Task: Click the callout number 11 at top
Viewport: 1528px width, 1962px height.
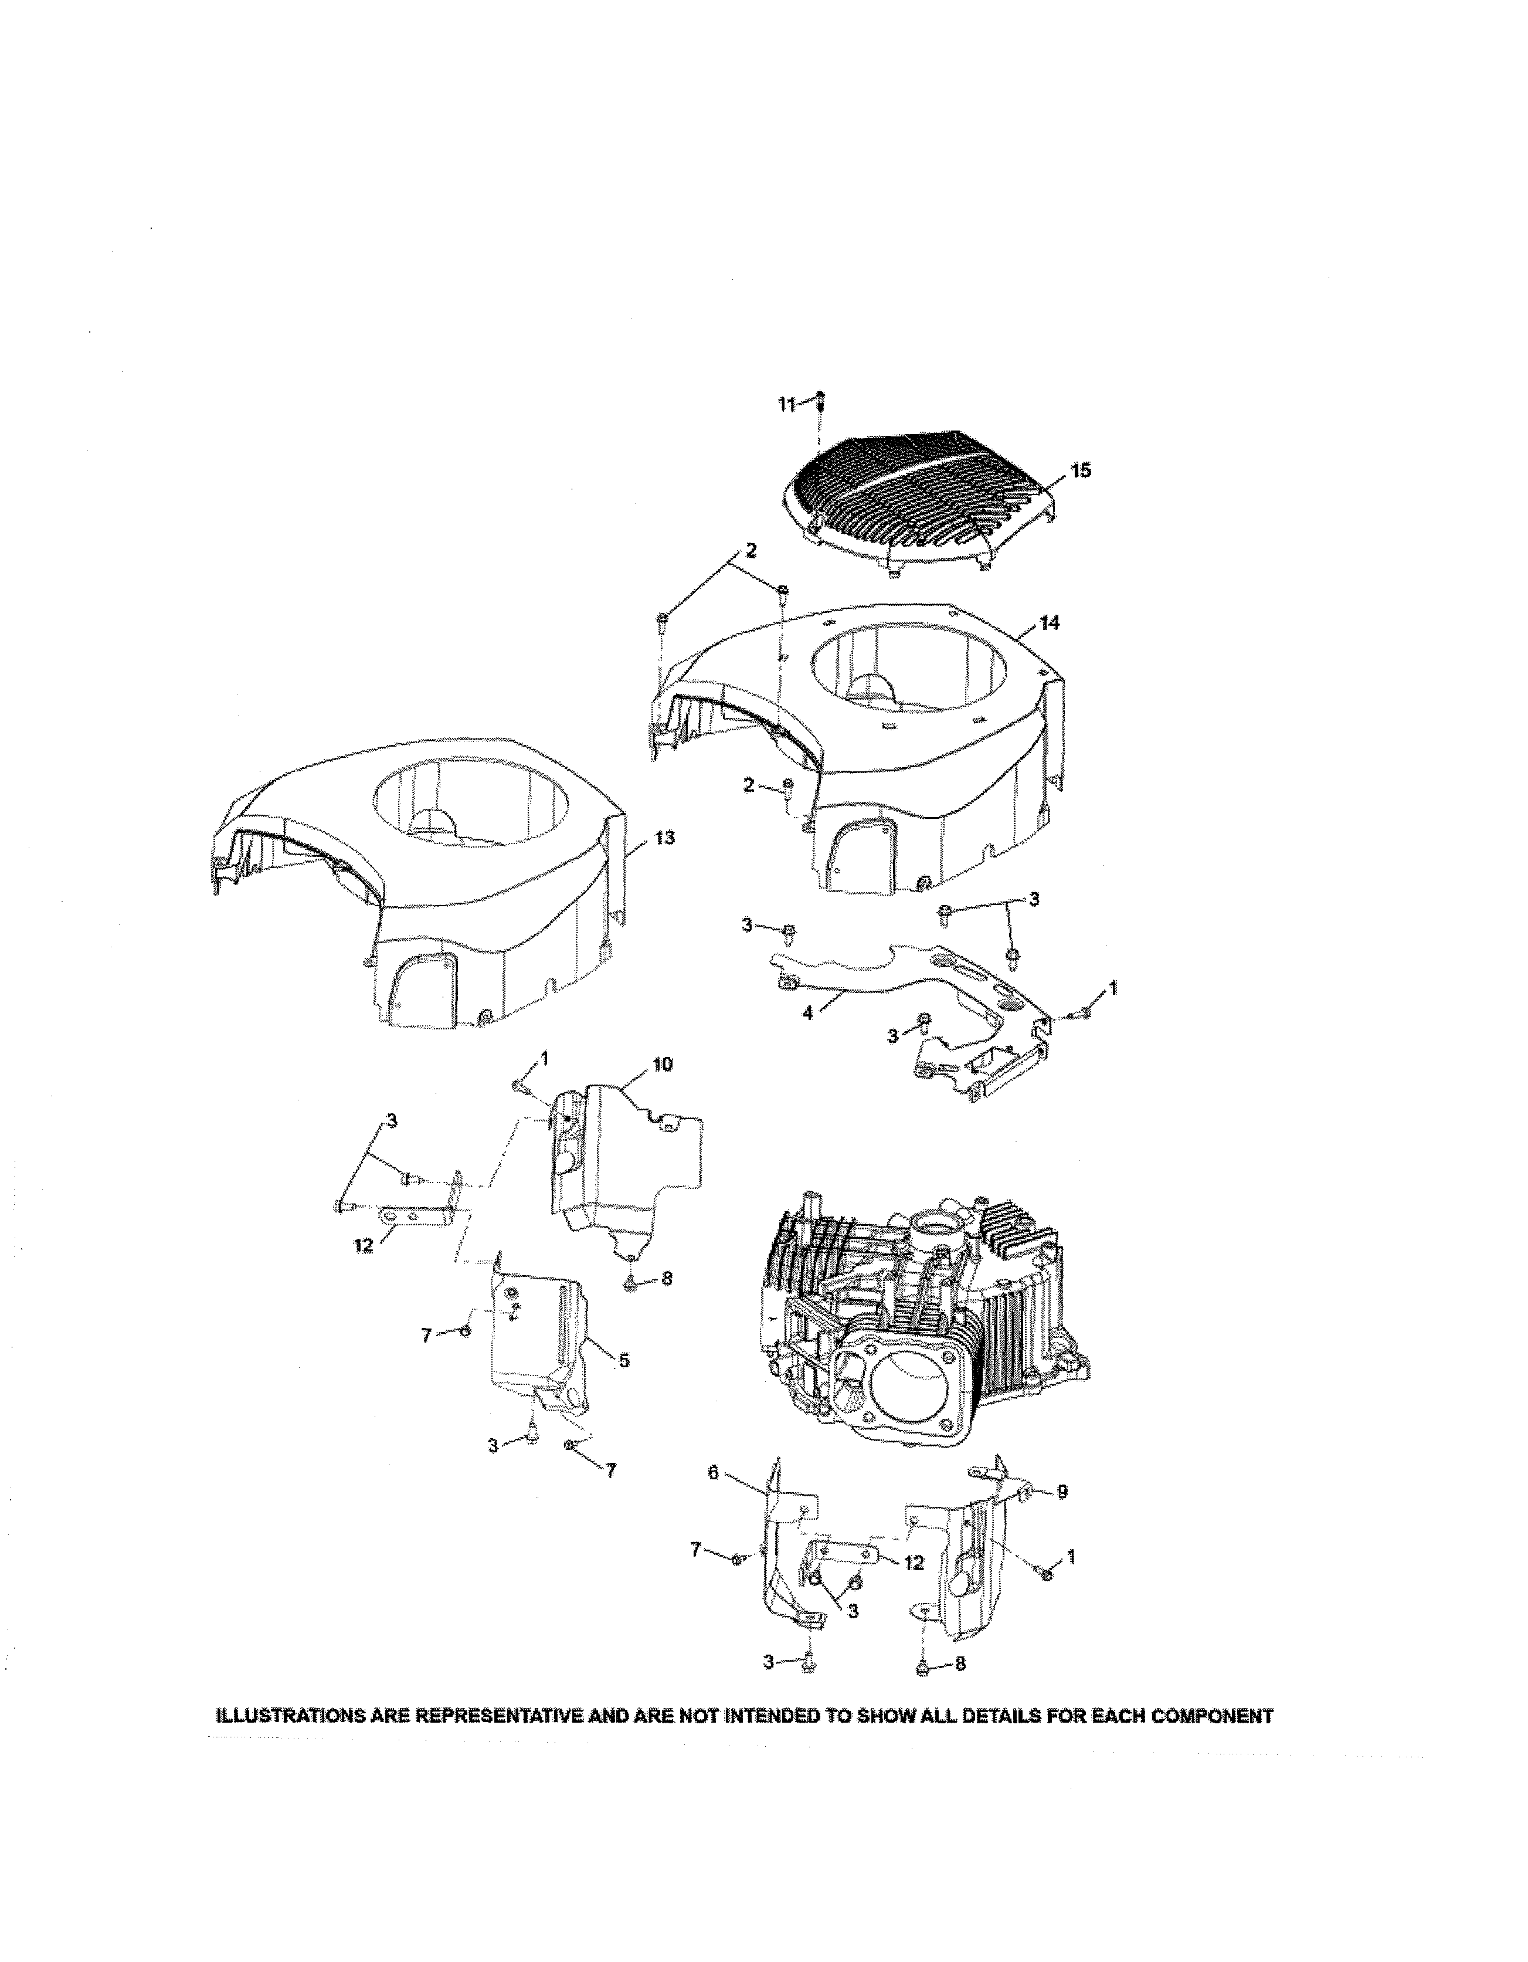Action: tap(785, 405)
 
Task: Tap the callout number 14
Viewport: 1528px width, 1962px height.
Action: tap(1048, 622)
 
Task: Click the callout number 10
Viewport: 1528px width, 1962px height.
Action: tap(662, 1065)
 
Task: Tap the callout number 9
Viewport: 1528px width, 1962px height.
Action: tap(1062, 1492)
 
